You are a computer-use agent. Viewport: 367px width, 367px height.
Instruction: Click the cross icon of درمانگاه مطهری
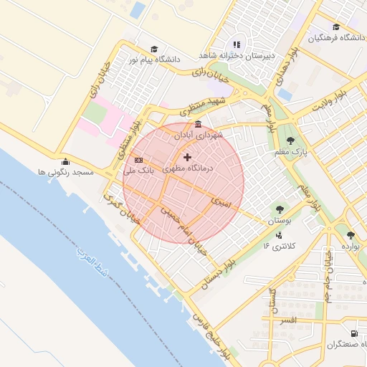pos(188,157)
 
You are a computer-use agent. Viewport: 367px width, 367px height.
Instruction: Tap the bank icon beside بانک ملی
pos(139,160)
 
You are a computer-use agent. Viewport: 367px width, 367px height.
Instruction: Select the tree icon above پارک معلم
pos(290,140)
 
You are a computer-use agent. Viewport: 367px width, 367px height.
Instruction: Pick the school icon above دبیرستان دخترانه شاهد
pos(237,44)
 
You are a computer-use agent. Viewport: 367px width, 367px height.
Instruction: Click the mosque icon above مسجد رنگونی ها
pos(66,161)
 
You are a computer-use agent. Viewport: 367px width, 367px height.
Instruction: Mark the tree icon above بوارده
pos(351,234)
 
